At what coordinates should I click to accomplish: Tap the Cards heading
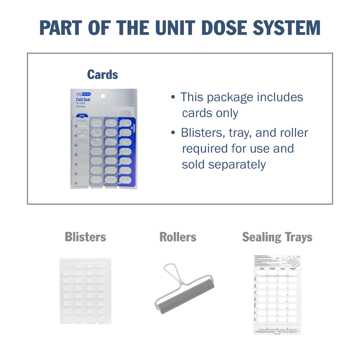(x=103, y=75)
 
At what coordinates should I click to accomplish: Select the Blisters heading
(x=85, y=237)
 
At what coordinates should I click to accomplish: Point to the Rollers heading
(x=178, y=237)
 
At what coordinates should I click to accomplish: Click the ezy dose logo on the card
(x=83, y=94)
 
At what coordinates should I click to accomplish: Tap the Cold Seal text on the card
(x=83, y=100)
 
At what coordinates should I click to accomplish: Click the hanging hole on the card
(x=103, y=96)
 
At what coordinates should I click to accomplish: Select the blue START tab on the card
(x=82, y=115)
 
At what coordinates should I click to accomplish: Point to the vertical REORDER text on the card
(x=134, y=128)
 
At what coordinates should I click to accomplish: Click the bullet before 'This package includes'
(x=173, y=97)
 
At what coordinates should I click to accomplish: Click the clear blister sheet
(x=85, y=291)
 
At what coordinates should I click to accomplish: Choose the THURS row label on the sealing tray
(x=255, y=305)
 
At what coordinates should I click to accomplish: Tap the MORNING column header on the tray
(x=292, y=269)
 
